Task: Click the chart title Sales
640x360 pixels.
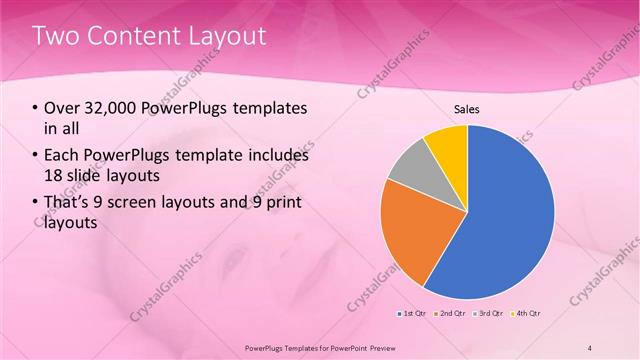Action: pyautogui.click(x=467, y=109)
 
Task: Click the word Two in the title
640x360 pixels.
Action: pyautogui.click(x=54, y=37)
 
